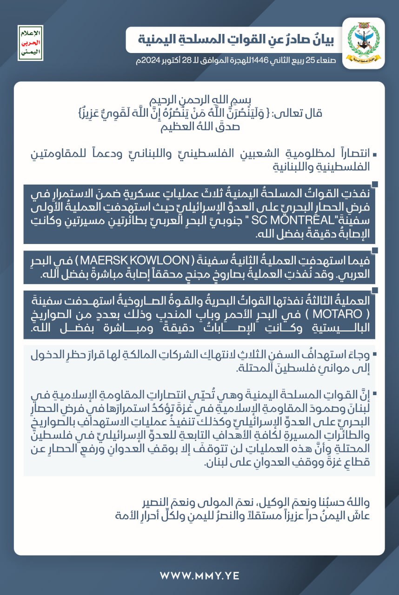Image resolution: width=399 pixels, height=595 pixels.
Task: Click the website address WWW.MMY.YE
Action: [x=199, y=575]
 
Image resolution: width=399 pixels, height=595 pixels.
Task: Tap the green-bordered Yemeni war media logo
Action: [x=31, y=43]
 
